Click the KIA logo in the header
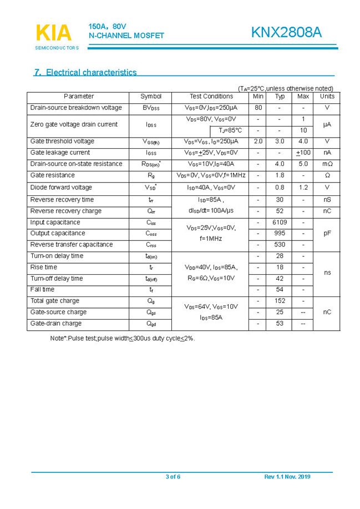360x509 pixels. point(53,34)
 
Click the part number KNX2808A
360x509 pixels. point(286,33)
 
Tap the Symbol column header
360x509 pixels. point(151,97)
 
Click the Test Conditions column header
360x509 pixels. point(211,97)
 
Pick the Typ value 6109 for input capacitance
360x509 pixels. point(280,222)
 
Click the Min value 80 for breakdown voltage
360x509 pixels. point(258,108)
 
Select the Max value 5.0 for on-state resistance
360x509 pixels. point(303,164)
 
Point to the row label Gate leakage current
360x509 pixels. point(60,153)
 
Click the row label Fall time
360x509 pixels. point(42,289)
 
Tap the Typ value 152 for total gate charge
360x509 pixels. point(280,301)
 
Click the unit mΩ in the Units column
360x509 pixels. point(327,164)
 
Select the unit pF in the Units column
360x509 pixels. point(327,234)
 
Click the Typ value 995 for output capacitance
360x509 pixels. point(280,233)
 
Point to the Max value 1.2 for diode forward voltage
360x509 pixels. point(303,188)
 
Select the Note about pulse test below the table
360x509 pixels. point(122,337)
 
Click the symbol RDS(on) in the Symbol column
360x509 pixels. point(151,164)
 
